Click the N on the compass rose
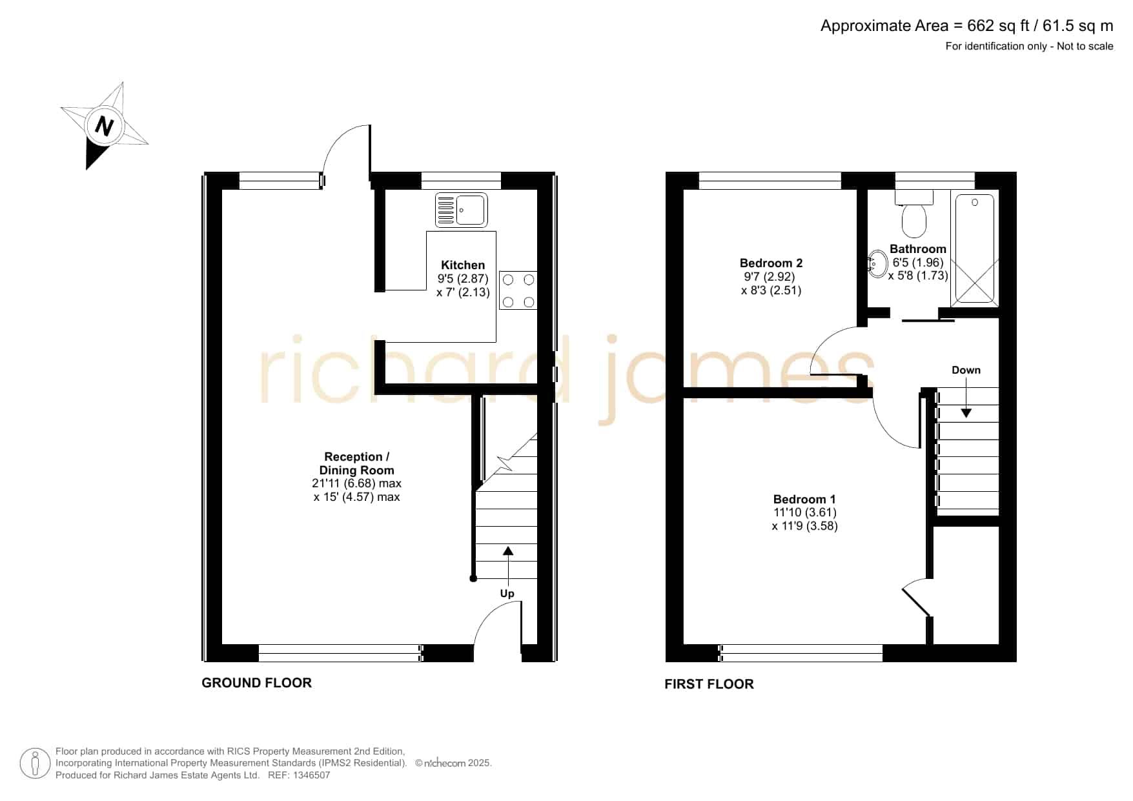click(104, 125)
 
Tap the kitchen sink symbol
click(461, 210)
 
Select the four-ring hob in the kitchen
click(518, 290)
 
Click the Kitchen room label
click(463, 265)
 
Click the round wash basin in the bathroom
click(877, 264)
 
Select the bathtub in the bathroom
click(975, 248)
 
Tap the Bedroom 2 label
click(771, 263)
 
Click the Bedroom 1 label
click(804, 500)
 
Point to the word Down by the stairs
click(966, 370)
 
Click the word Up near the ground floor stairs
click(507, 594)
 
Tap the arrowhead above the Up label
click(508, 551)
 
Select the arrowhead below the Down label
click(966, 412)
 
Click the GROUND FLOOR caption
click(257, 683)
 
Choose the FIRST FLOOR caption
click(709, 684)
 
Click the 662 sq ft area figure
click(998, 26)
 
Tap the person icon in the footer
click(35, 764)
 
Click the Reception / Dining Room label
click(356, 464)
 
